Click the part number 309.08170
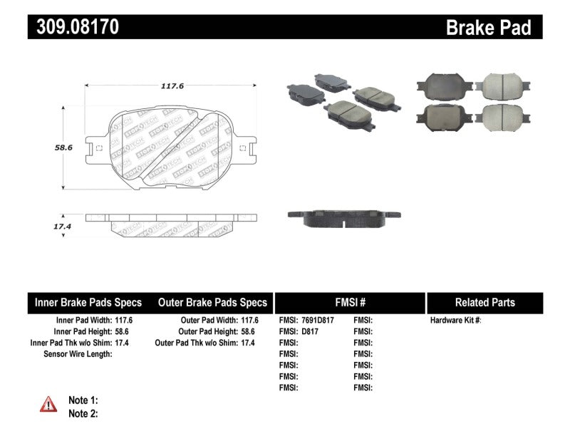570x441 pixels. (x=74, y=27)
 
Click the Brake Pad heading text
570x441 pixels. (x=488, y=28)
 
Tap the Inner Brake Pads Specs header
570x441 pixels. (x=88, y=303)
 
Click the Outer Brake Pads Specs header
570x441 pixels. (x=212, y=303)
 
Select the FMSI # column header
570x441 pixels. (x=349, y=303)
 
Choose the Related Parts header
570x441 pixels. (x=484, y=303)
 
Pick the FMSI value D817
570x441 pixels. (x=310, y=331)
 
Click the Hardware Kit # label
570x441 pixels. (x=455, y=321)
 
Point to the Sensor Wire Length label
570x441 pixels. (x=78, y=354)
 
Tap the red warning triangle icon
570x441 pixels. (x=48, y=404)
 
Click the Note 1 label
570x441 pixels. (x=83, y=400)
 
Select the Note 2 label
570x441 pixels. (x=83, y=413)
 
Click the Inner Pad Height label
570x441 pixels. (x=82, y=331)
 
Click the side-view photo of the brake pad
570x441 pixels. (x=343, y=217)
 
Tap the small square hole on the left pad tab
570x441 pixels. (x=99, y=149)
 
